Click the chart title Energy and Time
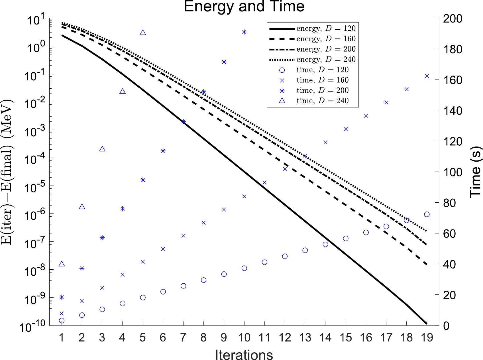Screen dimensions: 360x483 tap(244, 6)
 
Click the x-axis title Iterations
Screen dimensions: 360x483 tap(244, 355)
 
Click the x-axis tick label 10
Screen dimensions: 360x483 tap(244, 337)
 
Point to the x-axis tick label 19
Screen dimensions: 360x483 tap(427, 337)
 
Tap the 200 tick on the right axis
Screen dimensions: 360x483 tap(453, 19)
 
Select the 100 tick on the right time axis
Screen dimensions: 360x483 tap(453, 172)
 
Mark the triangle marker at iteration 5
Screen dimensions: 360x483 tap(143, 33)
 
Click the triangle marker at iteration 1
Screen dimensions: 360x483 tap(62, 264)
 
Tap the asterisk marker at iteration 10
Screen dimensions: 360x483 tap(244, 32)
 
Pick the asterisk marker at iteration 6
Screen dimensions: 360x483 tap(163, 151)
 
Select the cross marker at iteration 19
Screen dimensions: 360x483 tap(427, 76)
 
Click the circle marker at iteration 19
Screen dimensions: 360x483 tap(427, 214)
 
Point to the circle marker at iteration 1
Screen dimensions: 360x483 tap(62, 321)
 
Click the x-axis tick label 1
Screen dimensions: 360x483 tap(62, 337)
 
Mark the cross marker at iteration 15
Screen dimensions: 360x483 tap(346, 129)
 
